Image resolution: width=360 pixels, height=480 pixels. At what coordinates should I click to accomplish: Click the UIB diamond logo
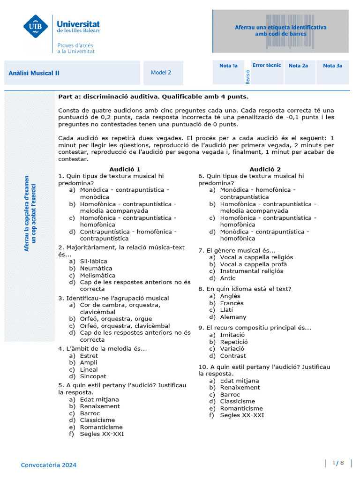tap(36, 27)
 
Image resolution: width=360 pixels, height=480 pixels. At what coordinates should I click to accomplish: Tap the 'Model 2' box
tap(161, 73)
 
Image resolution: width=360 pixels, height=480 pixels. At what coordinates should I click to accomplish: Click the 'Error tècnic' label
tap(267, 65)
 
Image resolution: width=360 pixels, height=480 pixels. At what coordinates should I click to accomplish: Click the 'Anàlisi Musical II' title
tap(34, 73)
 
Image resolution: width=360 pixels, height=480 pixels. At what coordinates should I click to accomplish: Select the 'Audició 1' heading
tap(125, 169)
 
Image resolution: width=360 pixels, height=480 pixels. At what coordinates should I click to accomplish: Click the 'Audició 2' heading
tap(265, 169)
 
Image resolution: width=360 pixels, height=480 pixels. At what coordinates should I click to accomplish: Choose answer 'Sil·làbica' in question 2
tap(93, 262)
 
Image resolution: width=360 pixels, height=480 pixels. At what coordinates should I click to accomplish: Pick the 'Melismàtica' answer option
tap(97, 276)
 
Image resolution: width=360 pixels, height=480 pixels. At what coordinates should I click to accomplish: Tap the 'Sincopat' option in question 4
tap(93, 376)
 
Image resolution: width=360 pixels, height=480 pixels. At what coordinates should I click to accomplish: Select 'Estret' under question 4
tap(89, 356)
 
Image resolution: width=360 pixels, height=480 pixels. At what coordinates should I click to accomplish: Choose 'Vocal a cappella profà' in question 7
tap(254, 264)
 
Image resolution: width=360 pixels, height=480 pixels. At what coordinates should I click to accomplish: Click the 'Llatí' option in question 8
tap(226, 310)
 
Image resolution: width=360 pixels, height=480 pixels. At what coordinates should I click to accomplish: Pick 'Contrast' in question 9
tap(233, 356)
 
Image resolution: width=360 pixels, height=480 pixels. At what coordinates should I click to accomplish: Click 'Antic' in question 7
tap(228, 278)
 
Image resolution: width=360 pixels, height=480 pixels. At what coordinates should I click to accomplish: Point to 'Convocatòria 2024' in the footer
tap(48, 465)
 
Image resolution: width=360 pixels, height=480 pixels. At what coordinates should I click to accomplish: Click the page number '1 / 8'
tap(338, 463)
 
